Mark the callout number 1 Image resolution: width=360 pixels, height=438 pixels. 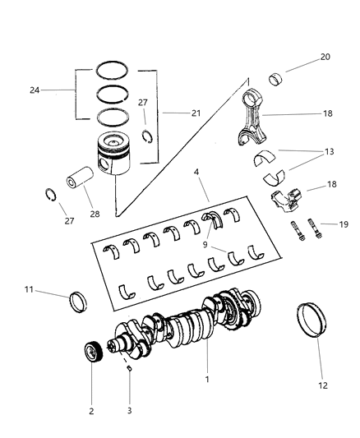click(x=207, y=380)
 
